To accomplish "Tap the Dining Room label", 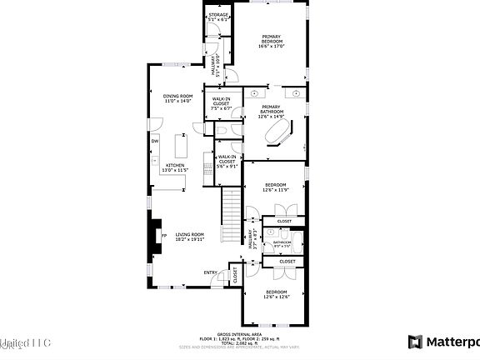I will [x=177, y=98].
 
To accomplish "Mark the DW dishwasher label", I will [x=155, y=140].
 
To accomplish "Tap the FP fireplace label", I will [x=163, y=236].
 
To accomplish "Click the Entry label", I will [x=210, y=272].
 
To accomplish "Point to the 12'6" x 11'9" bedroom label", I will [x=276, y=187].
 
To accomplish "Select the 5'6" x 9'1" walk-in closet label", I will [x=227, y=161].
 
